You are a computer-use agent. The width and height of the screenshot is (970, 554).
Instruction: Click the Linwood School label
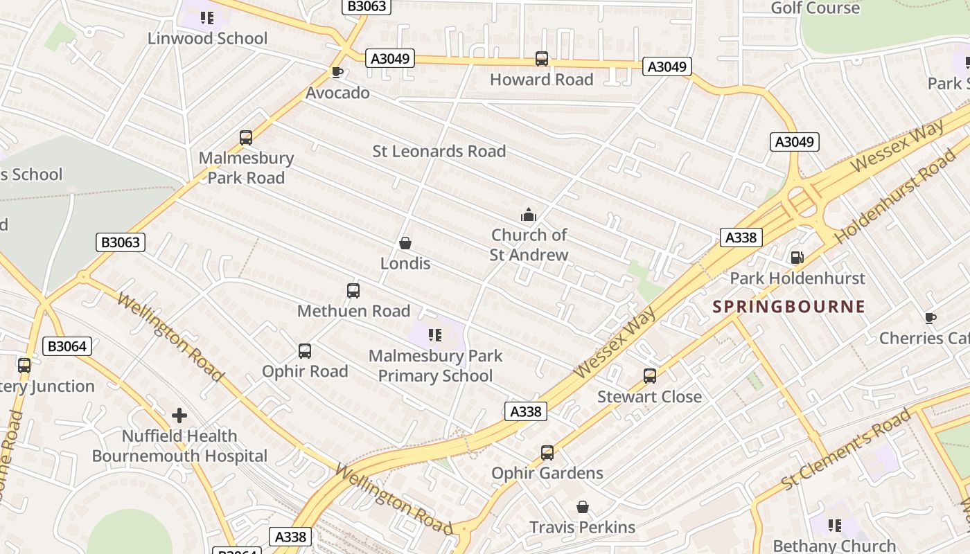(207, 38)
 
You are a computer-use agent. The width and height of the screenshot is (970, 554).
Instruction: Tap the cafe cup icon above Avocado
(337, 72)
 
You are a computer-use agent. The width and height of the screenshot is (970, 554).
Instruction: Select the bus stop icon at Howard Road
(542, 59)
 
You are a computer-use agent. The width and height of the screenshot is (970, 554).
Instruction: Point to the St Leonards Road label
(439, 151)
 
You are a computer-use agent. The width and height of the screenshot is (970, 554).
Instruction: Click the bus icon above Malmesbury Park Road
(246, 137)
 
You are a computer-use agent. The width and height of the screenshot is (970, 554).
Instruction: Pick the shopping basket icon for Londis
(405, 243)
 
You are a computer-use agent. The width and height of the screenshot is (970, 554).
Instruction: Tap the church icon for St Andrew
(529, 215)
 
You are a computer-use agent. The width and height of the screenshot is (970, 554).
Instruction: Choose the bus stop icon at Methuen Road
(353, 291)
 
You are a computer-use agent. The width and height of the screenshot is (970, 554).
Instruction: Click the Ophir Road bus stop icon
(305, 351)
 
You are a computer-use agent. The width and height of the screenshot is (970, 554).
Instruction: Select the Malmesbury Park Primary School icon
(435, 336)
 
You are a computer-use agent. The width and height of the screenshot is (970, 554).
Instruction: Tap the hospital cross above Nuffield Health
(179, 415)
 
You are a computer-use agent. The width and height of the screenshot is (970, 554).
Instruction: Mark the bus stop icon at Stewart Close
(650, 376)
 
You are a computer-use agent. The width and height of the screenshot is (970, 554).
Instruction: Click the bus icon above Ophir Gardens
(547, 453)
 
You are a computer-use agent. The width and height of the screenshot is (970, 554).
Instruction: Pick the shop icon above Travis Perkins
(583, 507)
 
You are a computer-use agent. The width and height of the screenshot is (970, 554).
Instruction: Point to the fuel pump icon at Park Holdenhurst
(797, 258)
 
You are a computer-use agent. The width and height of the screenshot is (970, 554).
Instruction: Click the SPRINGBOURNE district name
(789, 307)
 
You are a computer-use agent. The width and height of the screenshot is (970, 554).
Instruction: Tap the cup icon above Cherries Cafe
(930, 318)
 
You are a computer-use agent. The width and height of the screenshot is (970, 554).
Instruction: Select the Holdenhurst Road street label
(894, 197)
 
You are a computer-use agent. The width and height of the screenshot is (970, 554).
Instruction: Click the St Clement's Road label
(846, 450)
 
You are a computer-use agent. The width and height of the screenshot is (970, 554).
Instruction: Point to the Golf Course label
(815, 8)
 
